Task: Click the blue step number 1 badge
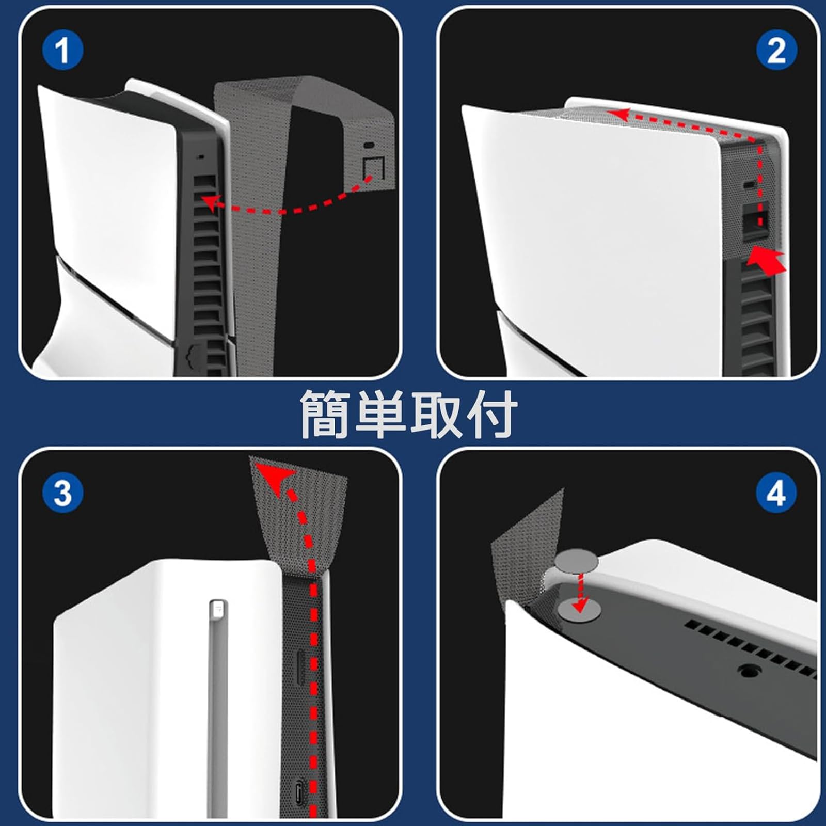pos(62,51)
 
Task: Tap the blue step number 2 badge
pos(776,51)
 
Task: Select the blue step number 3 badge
pos(62,492)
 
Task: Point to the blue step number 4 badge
pos(776,492)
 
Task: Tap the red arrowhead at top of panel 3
pos(275,478)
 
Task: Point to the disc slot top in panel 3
pos(218,608)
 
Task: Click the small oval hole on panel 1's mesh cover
pos(370,146)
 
